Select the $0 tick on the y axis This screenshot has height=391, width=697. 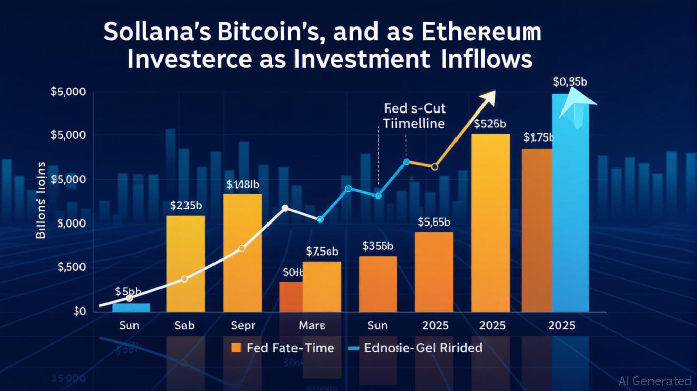coord(79,312)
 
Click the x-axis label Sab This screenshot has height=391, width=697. coord(184,325)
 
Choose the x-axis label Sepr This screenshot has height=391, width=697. coord(243,325)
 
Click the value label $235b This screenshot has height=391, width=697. coord(186,206)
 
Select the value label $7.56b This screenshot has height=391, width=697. coord(322,252)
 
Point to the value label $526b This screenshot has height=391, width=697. coord(490,124)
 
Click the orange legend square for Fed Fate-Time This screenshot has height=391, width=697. coord(235,348)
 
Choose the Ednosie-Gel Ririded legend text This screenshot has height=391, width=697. coord(423,348)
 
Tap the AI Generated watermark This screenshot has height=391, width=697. coord(655,381)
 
